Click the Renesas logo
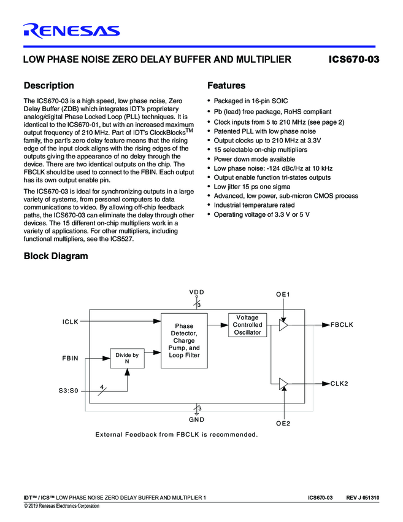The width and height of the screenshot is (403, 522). coord(71,30)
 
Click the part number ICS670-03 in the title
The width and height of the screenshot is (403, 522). coord(355,60)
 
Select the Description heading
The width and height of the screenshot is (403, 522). coord(48,85)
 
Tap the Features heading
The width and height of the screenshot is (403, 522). coord(226,85)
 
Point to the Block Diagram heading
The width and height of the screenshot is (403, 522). coord(55,256)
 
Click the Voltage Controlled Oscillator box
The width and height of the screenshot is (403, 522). coord(247,325)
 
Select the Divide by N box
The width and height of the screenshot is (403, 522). coord(128,358)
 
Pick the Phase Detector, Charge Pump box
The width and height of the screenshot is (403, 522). coord(184,341)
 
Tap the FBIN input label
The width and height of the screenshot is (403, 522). coord(71,358)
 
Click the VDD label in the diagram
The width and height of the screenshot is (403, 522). coord(196,292)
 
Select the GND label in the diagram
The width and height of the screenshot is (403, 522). coord(197,419)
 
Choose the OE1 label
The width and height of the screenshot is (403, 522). coord(283,295)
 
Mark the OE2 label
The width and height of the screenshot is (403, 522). coord(283,424)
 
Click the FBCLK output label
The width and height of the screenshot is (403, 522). coord(342,324)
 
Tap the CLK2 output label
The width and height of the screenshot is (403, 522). coord(339,383)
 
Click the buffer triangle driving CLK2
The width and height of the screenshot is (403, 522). coord(283,384)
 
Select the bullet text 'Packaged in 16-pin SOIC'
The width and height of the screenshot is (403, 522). coord(250,101)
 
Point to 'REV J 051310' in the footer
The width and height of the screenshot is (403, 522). coord(363,497)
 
